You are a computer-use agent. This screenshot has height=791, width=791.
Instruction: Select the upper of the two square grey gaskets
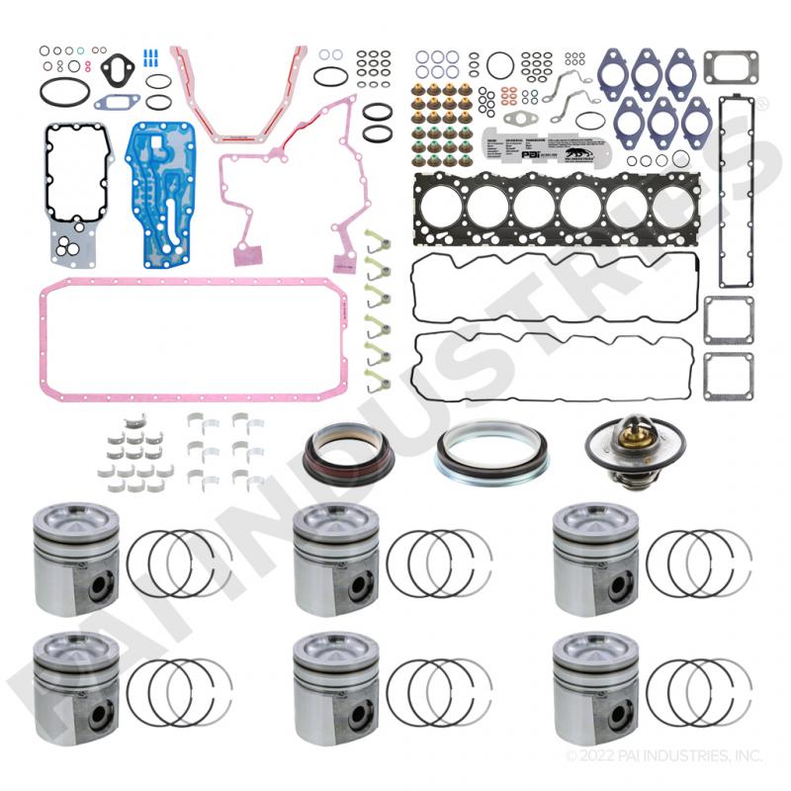coord(729,319)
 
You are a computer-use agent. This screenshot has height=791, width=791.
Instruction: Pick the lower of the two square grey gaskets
coord(729,376)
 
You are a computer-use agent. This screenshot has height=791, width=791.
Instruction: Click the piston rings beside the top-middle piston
coord(438,563)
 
